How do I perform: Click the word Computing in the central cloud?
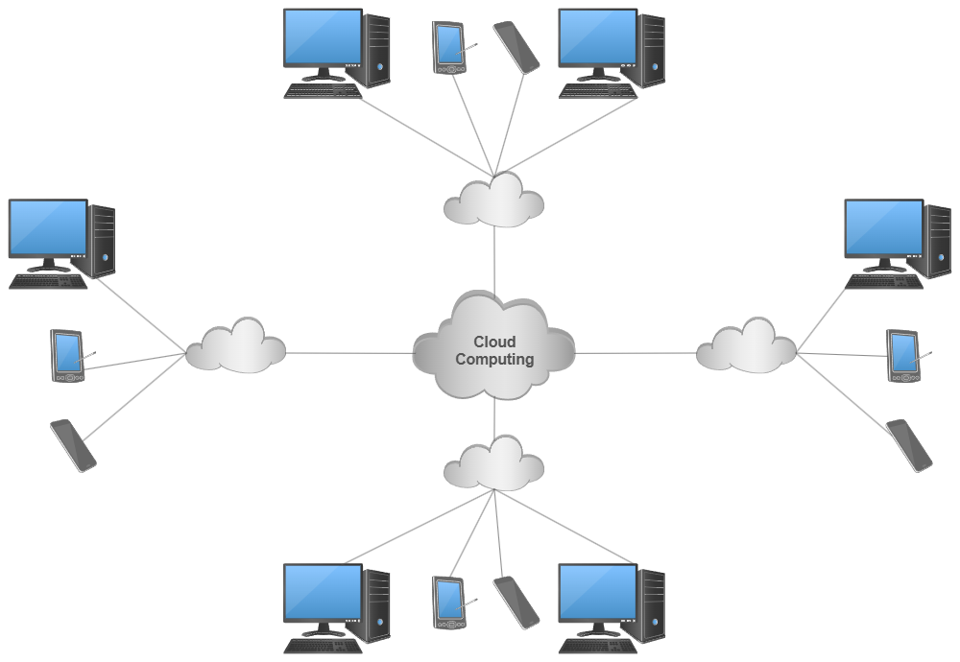coord(494,360)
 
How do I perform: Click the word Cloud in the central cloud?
coord(494,343)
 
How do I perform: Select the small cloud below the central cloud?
coord(494,462)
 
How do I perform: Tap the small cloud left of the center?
coord(236,346)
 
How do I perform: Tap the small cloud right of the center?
coord(746,346)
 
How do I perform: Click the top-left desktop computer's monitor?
coord(323,38)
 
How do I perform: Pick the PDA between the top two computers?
coord(448,46)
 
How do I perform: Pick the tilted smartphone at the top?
coord(516,47)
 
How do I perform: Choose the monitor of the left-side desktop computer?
coord(47,228)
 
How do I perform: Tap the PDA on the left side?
coord(67,356)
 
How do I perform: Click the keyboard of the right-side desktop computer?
coord(885,281)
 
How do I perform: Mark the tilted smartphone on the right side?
coord(909,445)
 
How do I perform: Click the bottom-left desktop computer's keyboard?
coord(323,646)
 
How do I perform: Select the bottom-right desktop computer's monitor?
coord(597,593)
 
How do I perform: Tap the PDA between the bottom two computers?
coord(448,603)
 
